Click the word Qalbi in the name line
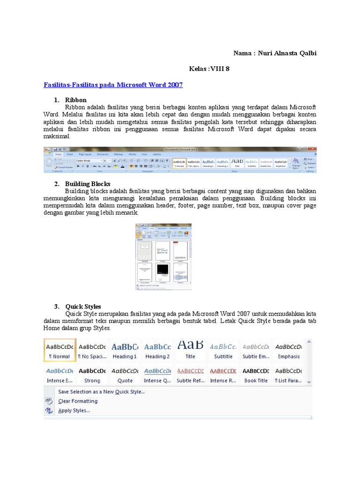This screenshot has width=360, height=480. (x=307, y=53)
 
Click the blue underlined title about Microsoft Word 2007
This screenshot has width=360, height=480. (x=113, y=85)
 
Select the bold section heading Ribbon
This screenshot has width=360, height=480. (x=76, y=100)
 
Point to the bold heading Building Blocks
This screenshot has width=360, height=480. (x=88, y=184)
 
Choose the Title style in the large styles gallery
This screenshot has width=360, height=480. (x=190, y=350)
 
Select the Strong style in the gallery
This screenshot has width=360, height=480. (x=92, y=375)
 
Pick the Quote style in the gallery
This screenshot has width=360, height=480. (x=125, y=375)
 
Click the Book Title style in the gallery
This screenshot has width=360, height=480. (x=256, y=375)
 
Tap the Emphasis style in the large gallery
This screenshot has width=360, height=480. (x=289, y=350)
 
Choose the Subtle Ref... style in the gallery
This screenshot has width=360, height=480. (x=190, y=375)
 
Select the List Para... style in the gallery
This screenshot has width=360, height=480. (x=289, y=375)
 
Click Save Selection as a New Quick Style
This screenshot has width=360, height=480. (x=101, y=391)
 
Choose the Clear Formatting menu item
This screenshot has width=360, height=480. (x=78, y=401)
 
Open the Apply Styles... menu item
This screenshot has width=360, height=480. (x=74, y=411)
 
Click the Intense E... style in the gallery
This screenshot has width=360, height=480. (x=60, y=375)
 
